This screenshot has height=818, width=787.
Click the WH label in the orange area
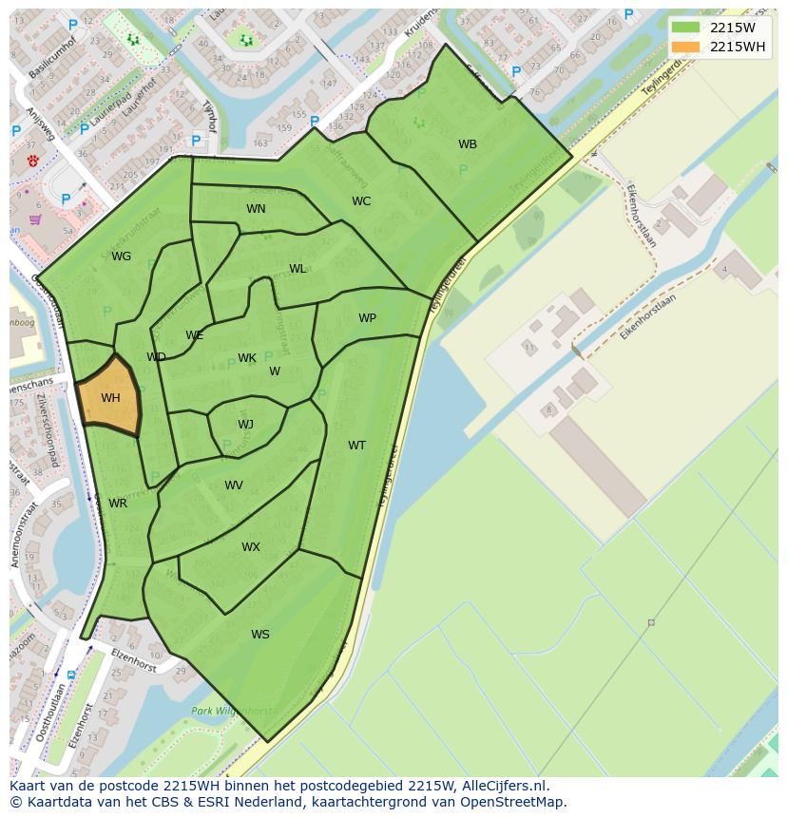(x=110, y=398)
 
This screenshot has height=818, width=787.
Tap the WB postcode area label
(x=468, y=144)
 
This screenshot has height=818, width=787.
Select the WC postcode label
(x=361, y=201)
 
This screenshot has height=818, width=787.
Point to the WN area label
(x=256, y=209)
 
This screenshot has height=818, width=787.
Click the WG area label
(x=121, y=257)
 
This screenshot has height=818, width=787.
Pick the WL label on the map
(x=298, y=269)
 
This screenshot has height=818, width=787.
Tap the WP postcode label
(x=367, y=318)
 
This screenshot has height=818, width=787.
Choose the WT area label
(x=356, y=446)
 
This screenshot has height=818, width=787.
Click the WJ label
(x=245, y=425)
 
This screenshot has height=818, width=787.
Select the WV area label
(x=234, y=485)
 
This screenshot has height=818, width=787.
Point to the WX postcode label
(x=250, y=547)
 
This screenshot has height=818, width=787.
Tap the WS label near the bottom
(x=259, y=635)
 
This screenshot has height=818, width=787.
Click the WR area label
(x=118, y=504)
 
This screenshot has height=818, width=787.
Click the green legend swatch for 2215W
(x=685, y=28)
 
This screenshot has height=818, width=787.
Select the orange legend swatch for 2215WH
(x=685, y=47)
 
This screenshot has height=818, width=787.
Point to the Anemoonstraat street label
(x=26, y=537)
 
